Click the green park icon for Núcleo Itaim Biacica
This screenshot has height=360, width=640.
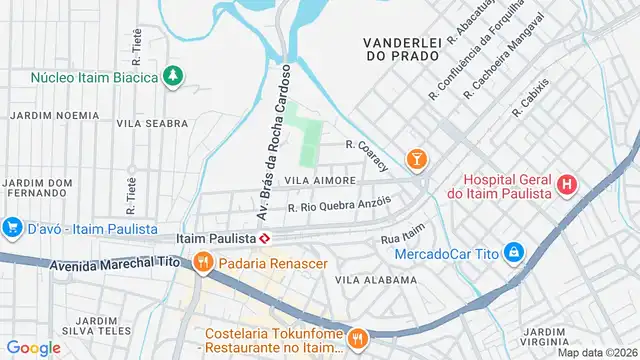tap(173, 76)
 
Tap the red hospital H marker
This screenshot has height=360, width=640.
tap(567, 184)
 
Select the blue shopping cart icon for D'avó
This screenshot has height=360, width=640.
tap(13, 228)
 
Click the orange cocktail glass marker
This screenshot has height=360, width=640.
tap(416, 159)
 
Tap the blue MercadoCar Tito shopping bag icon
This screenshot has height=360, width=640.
tap(513, 252)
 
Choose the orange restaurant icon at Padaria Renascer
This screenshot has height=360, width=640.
tap(202, 262)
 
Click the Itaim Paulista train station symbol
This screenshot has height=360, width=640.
tap(265, 239)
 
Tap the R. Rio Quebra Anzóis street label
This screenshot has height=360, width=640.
tap(337, 204)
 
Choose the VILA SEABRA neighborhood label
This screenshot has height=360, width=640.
tap(152, 124)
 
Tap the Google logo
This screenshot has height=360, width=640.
tap(33, 347)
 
